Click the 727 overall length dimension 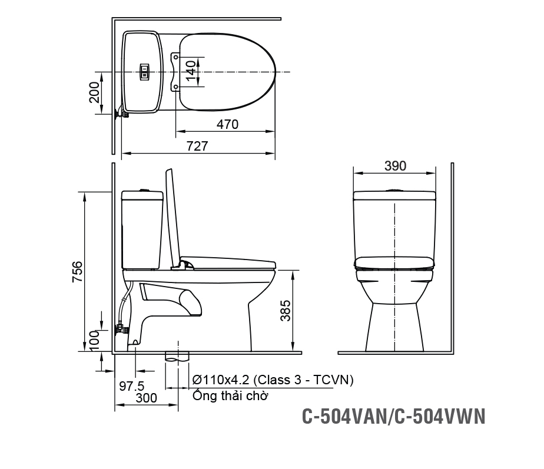[197, 146]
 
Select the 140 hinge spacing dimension [190, 72]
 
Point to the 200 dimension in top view [95, 93]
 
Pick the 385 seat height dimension [286, 310]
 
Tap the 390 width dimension [395, 166]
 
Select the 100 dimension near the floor [95, 341]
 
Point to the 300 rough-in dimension [146, 398]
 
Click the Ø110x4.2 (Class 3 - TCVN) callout [273, 380]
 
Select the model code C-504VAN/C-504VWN [393, 416]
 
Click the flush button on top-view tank [143, 72]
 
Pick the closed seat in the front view [394, 261]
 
